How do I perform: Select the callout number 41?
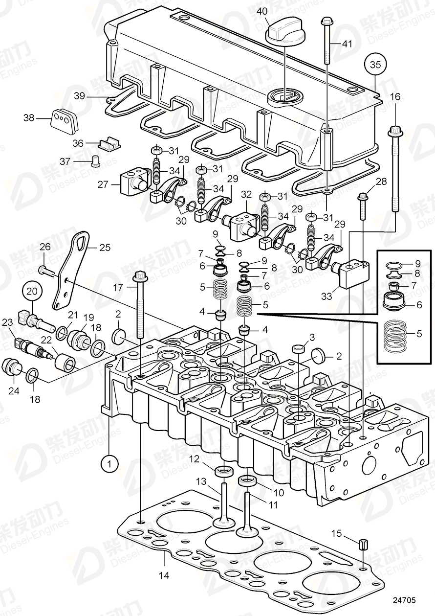347,44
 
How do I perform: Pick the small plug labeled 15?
363,544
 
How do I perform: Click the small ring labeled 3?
299,349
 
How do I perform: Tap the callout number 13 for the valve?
201,482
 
